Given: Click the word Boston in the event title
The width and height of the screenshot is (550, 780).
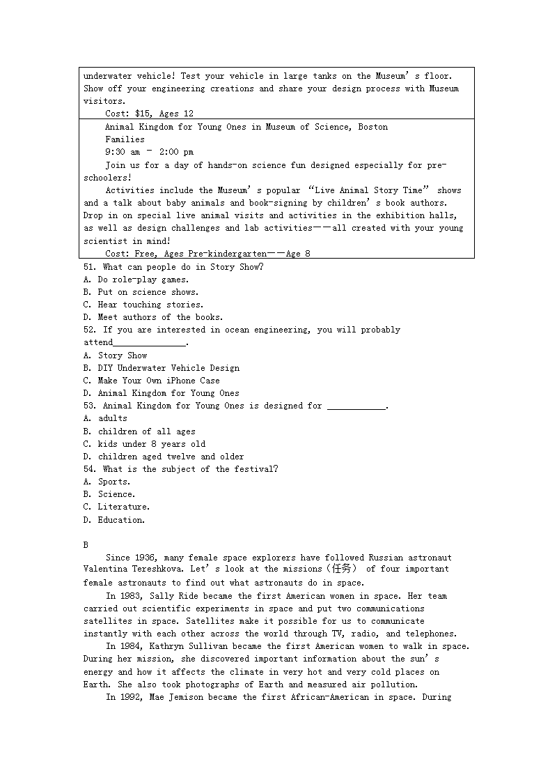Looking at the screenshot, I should click(373, 127).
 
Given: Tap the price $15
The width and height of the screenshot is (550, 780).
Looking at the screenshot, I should click(143, 114).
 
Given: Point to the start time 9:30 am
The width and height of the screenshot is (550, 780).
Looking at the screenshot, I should click(123, 152).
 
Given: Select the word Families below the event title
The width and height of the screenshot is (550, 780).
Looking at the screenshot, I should click(125, 139).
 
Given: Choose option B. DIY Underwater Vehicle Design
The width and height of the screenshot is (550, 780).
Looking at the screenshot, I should click(162, 368).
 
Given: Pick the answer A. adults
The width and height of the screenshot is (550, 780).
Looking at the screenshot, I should click(106, 418).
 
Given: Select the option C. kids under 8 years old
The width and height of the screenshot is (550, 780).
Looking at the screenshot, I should click(145, 444).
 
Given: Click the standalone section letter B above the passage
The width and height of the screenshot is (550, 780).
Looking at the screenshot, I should click(86, 545).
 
